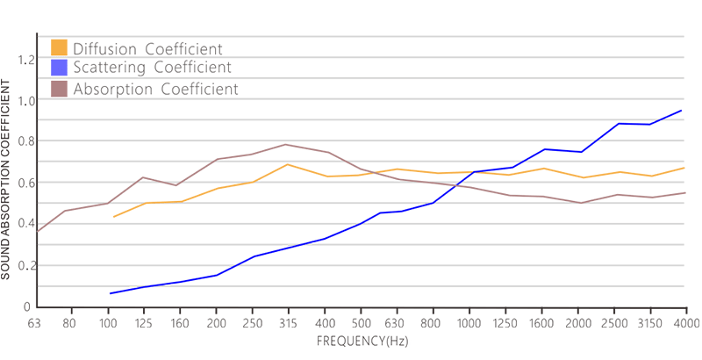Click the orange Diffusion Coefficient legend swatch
click(60, 47)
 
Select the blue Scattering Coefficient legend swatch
click(60, 67)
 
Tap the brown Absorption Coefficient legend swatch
click(60, 88)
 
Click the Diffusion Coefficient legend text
click(147, 48)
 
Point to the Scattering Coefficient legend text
click(152, 68)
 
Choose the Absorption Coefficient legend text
click(155, 89)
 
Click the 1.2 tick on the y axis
click(25, 60)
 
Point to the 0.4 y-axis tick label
click(25, 224)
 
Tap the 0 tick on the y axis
click(27, 306)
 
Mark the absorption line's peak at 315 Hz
click(286, 145)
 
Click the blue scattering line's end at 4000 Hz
click(682, 111)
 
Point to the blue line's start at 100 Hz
click(110, 293)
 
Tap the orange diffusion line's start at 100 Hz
click(114, 217)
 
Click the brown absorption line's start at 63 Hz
click(37, 231)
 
